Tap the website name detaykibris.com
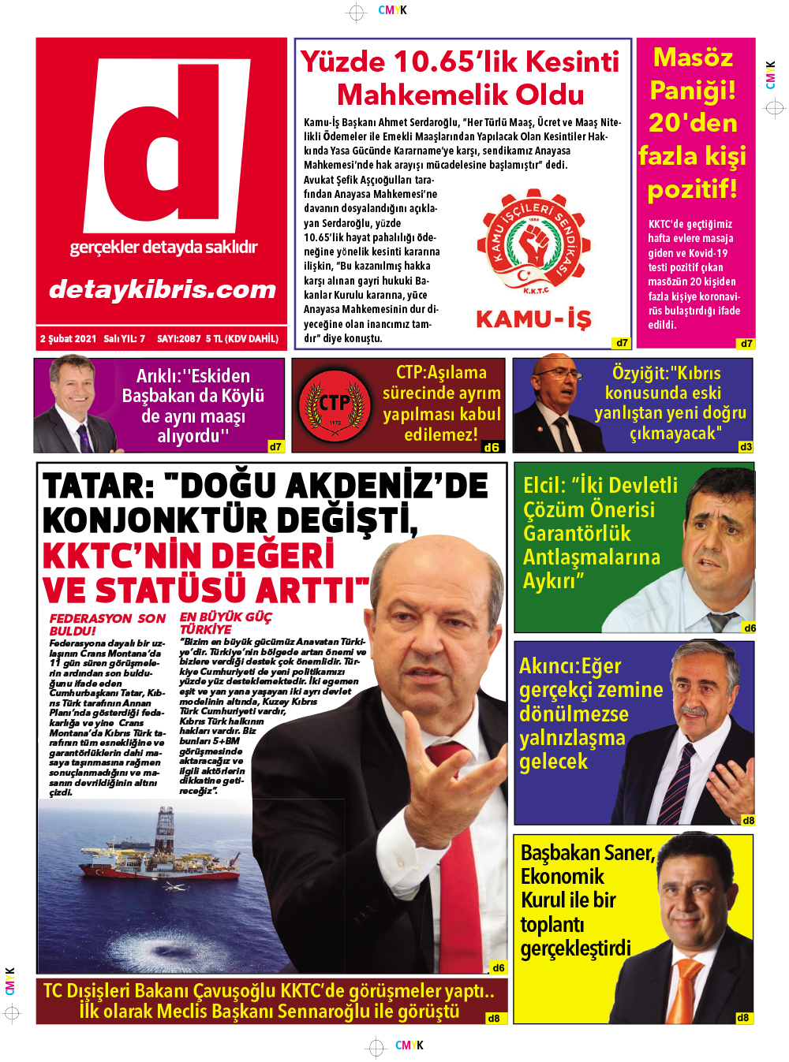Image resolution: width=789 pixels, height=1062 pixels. [x=163, y=289]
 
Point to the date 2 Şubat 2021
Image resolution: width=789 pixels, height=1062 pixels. [x=68, y=339]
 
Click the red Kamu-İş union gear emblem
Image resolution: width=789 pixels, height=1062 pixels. [x=533, y=245]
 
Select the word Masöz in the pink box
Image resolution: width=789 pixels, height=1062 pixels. [x=693, y=58]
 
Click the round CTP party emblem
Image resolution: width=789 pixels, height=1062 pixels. [x=335, y=406]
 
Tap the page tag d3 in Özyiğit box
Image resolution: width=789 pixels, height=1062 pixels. [x=745, y=447]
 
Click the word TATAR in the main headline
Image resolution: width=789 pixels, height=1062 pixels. [x=98, y=486]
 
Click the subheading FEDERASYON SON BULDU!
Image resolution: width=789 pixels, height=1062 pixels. [x=107, y=624]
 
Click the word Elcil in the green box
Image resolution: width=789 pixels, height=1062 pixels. [x=544, y=486]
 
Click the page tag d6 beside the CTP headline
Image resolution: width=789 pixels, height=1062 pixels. [x=491, y=447]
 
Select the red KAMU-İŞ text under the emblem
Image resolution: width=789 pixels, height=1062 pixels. [x=533, y=319]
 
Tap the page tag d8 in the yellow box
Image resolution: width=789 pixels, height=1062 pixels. [x=742, y=1018]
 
